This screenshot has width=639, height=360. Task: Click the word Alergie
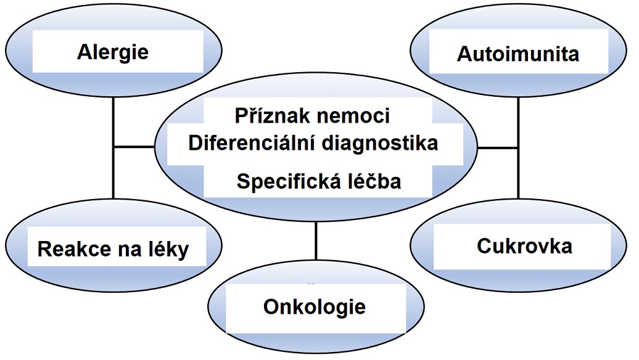pyautogui.click(x=113, y=52)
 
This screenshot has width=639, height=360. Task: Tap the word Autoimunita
pyautogui.click(x=518, y=54)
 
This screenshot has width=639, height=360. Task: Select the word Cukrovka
pyautogui.click(x=524, y=246)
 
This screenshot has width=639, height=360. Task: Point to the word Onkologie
pyautogui.click(x=315, y=306)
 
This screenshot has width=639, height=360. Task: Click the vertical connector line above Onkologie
pyautogui.click(x=316, y=240)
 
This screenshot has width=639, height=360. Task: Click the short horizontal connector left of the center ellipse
pyautogui.click(x=133, y=147)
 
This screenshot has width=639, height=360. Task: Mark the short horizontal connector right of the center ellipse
pyautogui.click(x=498, y=148)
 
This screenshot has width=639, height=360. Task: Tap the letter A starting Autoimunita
pyautogui.click(x=464, y=54)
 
